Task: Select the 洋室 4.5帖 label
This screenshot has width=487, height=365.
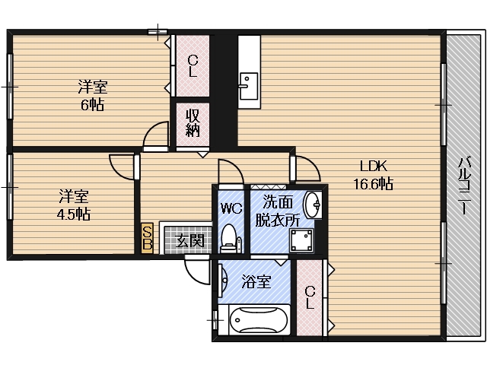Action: pyautogui.click(x=74, y=204)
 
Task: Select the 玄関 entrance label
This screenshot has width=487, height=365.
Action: pyautogui.click(x=189, y=241)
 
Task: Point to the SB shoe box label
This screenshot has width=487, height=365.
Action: pyautogui.click(x=148, y=238)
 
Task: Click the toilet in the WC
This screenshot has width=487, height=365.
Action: pyautogui.click(x=228, y=240)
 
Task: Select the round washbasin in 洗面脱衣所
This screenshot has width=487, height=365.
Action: pyautogui.click(x=312, y=205)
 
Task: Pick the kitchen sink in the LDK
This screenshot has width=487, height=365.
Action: pyautogui.click(x=248, y=86)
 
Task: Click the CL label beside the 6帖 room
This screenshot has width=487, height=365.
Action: pyautogui.click(x=193, y=68)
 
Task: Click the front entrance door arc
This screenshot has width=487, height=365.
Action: pyautogui.click(x=196, y=268)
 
